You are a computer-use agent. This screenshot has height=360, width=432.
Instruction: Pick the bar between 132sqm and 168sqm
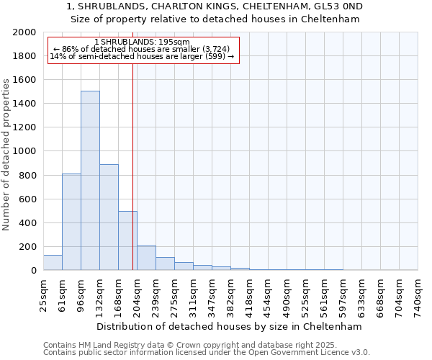tap(109, 217)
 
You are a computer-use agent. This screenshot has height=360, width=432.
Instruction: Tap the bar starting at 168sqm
tap(127, 240)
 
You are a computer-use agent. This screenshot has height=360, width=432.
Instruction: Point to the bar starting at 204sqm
tap(146, 258)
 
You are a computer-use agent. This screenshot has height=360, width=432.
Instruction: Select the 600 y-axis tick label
tap(27, 199)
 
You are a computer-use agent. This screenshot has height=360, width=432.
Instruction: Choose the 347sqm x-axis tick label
tap(212, 295)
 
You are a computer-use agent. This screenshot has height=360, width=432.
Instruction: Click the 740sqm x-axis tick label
tap(418, 295)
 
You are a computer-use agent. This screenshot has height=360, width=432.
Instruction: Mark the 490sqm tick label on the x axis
tap(287, 295)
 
